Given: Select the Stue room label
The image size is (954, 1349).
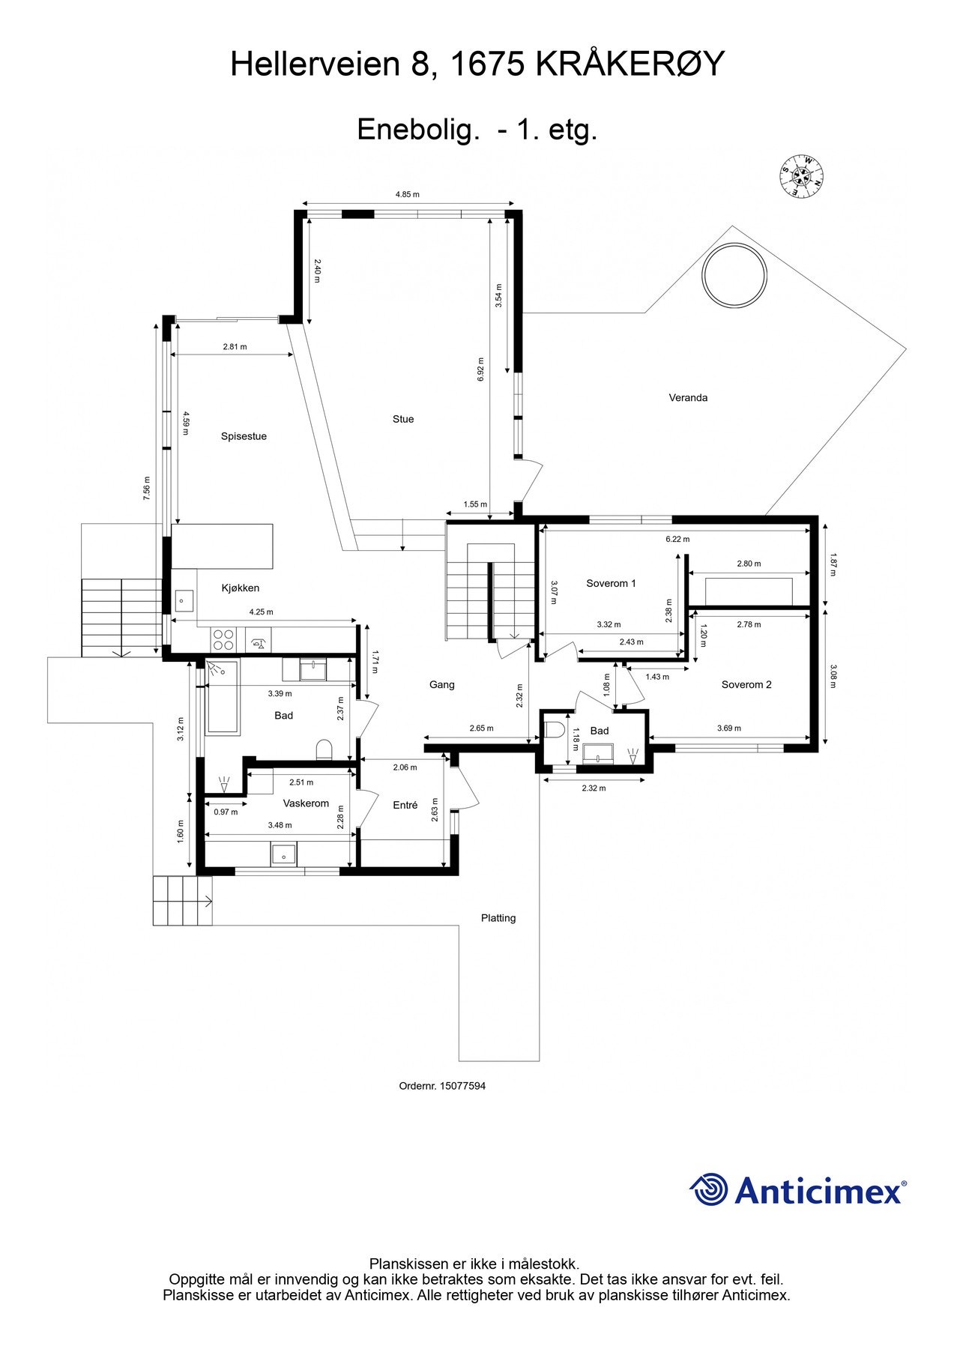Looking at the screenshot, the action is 403,420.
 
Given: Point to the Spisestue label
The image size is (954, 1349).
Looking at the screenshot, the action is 244,436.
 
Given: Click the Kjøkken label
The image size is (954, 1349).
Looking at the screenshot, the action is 240,588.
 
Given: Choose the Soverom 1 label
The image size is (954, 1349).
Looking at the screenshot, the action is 611,583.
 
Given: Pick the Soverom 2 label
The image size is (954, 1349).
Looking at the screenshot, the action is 746,684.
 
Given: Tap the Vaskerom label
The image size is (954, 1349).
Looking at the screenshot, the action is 306,803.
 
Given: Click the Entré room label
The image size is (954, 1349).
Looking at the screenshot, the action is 405,805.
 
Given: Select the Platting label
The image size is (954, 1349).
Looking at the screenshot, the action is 498,918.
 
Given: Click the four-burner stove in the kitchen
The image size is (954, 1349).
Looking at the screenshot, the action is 223,639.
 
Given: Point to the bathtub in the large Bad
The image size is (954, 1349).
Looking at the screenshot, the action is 223,697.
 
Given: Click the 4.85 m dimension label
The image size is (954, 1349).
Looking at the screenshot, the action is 408,195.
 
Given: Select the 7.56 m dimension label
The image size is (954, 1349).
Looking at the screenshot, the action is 147,489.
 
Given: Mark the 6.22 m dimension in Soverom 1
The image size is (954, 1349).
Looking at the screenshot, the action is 677,539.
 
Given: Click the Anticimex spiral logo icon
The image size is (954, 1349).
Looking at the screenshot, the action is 709,1189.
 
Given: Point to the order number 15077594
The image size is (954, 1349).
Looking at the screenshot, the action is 462,1086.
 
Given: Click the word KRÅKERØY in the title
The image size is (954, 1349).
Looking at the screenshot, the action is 630,64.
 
